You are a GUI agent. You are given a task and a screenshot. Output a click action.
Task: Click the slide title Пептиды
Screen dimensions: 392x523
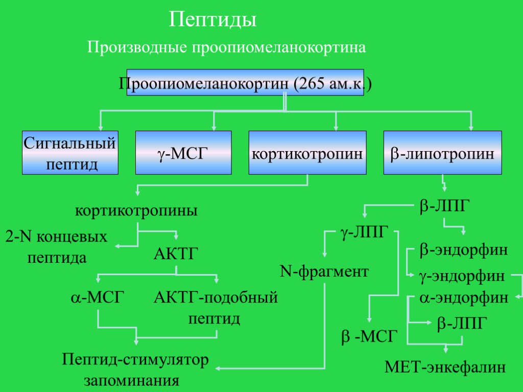212,20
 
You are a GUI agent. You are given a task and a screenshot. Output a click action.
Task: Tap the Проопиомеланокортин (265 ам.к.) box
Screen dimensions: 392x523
245,83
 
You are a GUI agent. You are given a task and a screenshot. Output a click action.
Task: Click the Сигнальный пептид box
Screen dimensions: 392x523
70,153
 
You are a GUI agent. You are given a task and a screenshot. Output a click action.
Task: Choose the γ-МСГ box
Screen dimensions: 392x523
183,153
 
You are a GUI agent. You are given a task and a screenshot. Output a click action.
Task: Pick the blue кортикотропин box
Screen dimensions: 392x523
307,153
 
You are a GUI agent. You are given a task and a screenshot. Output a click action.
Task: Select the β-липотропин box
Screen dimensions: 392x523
442,153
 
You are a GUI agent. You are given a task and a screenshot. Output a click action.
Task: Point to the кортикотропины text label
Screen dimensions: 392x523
136,210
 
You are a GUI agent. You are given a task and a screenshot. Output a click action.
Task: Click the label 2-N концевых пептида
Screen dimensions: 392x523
57,247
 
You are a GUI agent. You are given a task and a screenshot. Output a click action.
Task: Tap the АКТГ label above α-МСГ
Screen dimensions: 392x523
175,254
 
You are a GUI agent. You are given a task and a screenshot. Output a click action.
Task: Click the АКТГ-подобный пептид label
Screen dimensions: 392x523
216,308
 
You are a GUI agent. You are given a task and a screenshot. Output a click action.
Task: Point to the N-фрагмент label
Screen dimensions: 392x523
324,272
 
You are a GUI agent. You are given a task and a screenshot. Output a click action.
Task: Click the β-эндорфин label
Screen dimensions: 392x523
464,250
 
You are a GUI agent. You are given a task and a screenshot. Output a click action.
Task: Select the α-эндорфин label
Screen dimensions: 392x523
464,298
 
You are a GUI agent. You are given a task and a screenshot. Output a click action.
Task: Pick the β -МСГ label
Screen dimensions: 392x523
369,336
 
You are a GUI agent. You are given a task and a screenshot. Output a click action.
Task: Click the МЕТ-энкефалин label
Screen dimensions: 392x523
445,367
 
